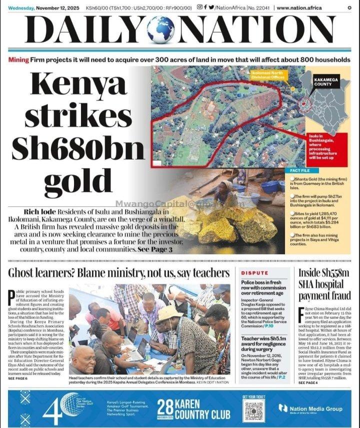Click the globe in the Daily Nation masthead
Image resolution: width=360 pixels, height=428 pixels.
160,30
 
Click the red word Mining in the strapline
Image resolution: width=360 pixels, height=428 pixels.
18,60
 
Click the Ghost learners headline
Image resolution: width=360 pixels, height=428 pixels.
118,273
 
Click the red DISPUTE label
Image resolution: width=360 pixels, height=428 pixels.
254,273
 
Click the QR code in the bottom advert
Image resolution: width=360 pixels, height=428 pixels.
253,411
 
